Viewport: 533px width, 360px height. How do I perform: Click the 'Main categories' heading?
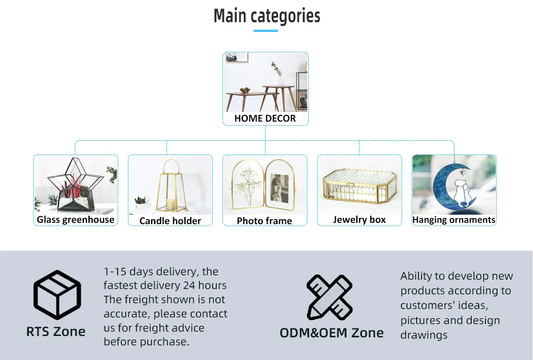(266, 16)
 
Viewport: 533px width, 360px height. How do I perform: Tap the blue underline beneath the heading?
(266, 31)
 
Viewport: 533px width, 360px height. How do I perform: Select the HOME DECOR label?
(265, 119)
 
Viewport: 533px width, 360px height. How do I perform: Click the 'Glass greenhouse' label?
(76, 219)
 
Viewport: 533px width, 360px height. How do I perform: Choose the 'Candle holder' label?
(170, 221)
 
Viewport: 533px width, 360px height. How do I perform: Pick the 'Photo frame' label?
(264, 221)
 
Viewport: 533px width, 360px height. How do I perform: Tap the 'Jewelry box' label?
(359, 219)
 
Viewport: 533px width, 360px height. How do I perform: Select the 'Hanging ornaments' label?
(453, 220)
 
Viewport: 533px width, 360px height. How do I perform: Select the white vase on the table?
(281, 80)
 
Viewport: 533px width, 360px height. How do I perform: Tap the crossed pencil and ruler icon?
(329, 297)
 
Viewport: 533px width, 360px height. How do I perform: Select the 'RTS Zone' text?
(56, 331)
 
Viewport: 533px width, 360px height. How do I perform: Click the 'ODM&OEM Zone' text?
(331, 332)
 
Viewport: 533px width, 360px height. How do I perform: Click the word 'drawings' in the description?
(424, 335)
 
